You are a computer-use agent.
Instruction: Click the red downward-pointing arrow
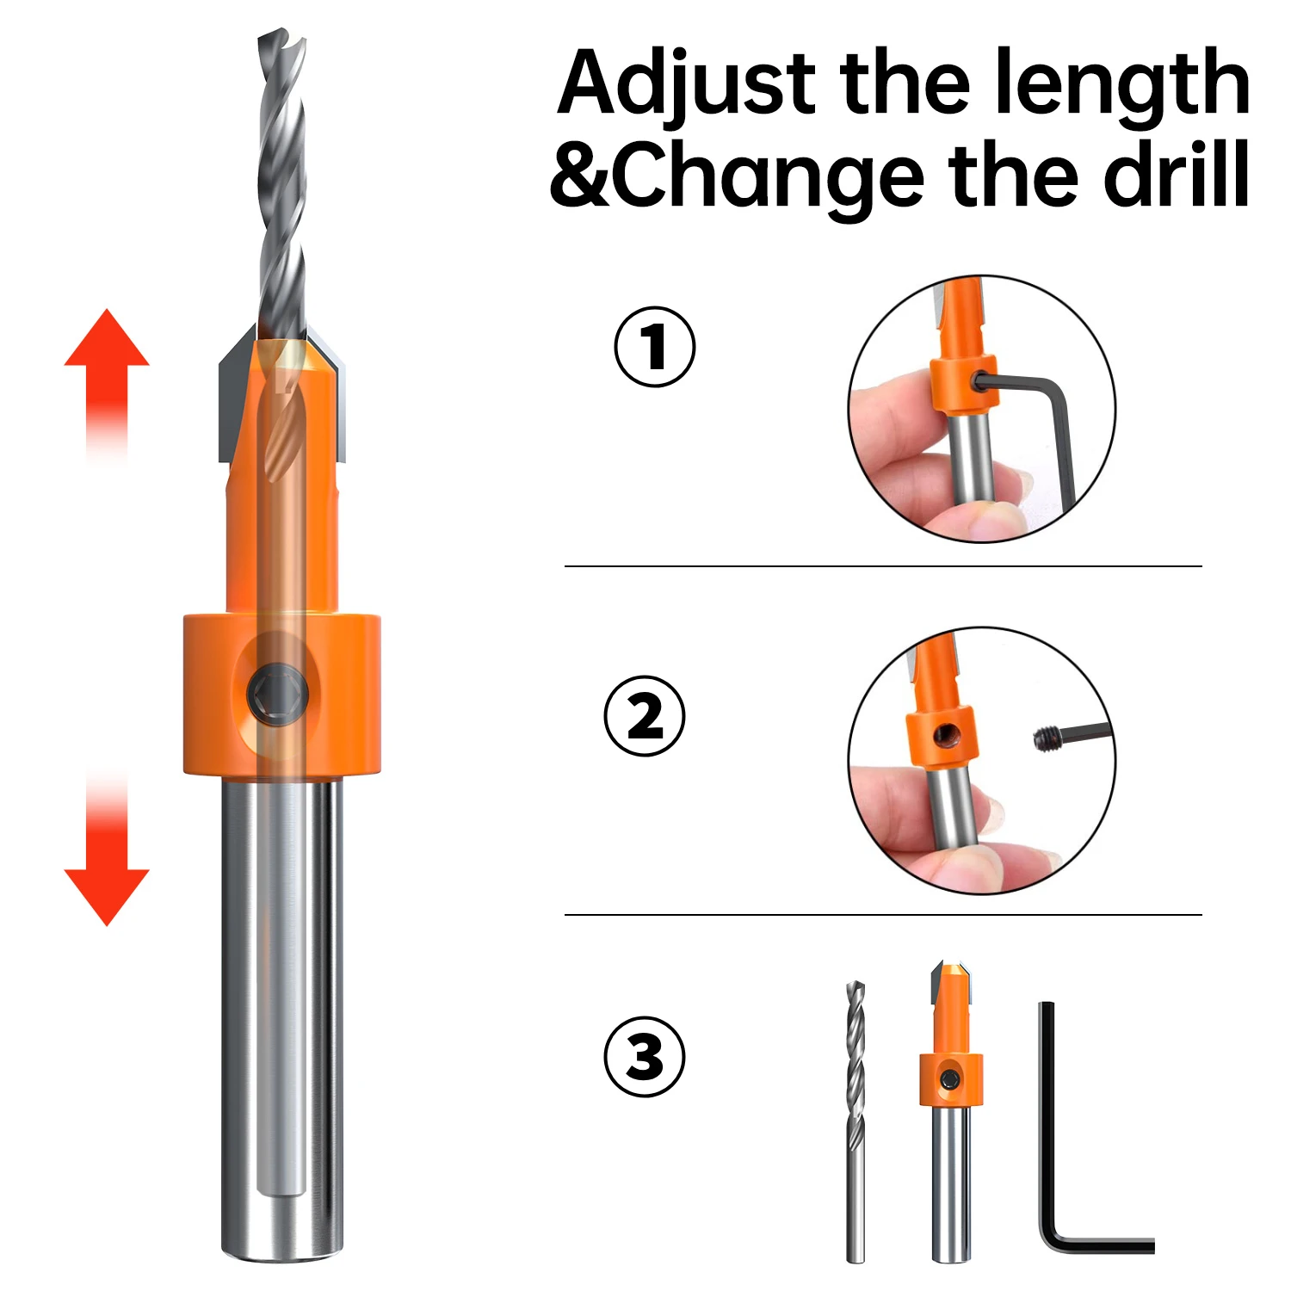[x=107, y=852]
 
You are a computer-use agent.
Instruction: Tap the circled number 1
[x=655, y=347]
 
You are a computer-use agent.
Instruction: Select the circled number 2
[x=645, y=716]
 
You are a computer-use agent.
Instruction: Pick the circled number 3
[x=645, y=1056]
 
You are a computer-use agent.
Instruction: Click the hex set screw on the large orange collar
[x=277, y=691]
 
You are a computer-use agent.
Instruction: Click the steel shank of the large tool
[x=281, y=1016]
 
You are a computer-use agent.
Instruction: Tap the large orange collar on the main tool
[x=281, y=694]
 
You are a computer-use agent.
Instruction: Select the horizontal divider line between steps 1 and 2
[x=883, y=566]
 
